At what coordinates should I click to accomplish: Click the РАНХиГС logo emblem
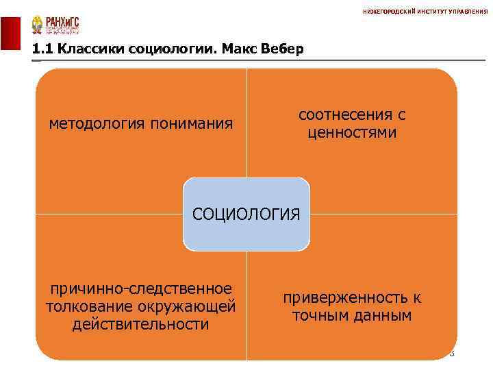pyautogui.click(x=37, y=25)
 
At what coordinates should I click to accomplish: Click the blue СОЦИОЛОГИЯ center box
pyautogui.click(x=246, y=214)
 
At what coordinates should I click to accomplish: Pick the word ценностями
pyautogui.click(x=351, y=132)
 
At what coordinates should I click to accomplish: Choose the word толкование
pyautogui.click(x=86, y=306)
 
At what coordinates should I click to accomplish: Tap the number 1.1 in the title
pyautogui.click(x=42, y=50)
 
